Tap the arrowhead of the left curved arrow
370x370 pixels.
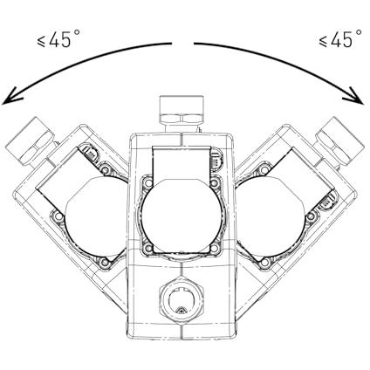click(x=11, y=95)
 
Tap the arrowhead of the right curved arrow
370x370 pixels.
click(x=353, y=95)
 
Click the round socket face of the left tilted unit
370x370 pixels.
click(x=96, y=216)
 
